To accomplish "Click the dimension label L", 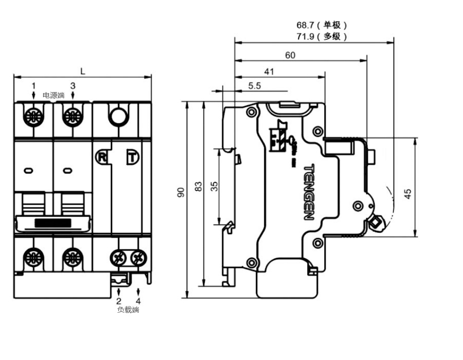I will [x=82, y=71].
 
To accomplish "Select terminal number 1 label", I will [x=34, y=86].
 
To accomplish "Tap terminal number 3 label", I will [x=73, y=86].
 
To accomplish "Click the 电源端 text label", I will [x=54, y=95].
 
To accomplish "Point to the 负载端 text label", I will [x=128, y=310].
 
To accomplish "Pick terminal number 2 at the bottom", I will [x=119, y=301].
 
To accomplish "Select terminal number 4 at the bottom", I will [x=138, y=301].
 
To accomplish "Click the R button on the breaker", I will [x=102, y=156].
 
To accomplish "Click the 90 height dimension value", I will [x=181, y=192].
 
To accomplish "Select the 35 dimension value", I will [x=215, y=186].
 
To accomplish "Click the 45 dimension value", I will [x=407, y=194].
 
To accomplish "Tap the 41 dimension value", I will [x=269, y=71].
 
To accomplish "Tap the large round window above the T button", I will [x=118, y=116].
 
